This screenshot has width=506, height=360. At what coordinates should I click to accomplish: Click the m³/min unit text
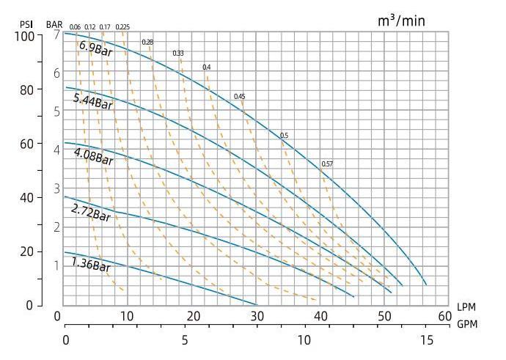[x=401, y=21]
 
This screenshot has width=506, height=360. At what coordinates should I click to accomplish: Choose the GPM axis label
[x=466, y=323]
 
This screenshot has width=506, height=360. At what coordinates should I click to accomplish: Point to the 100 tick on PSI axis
[x=25, y=35]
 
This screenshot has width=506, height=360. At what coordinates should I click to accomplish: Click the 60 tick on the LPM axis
[x=444, y=316]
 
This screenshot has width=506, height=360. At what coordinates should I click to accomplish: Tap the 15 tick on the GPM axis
[x=426, y=340]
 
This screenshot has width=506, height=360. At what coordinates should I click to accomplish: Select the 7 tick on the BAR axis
[x=56, y=35]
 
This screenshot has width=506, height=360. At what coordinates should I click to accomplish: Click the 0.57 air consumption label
[x=327, y=164]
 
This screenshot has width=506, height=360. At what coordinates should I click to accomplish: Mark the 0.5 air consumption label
[x=285, y=136]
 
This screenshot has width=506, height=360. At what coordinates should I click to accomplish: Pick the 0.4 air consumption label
[x=207, y=67]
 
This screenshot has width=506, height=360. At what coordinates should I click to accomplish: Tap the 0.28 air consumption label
[x=147, y=42]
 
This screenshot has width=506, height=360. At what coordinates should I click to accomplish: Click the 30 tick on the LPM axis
[x=257, y=316]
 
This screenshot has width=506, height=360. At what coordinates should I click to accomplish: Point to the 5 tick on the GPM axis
[x=185, y=340]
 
